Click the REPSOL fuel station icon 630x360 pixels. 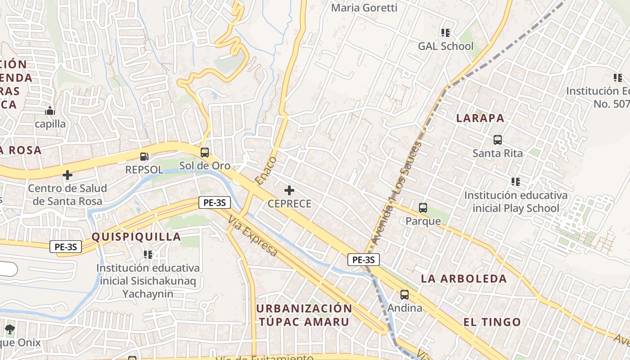pos(144,157)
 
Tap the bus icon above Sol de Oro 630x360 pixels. pos(205,153)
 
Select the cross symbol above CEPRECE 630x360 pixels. pos(289,190)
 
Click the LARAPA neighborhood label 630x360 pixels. pos(480,118)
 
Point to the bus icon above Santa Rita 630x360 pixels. pos(498,140)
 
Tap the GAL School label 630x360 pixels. pos(445,46)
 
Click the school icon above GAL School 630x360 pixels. pos(445,32)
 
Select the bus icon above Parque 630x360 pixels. pos(423,208)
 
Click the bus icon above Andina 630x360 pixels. pos(405,295)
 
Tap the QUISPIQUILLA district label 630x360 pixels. pos(136,237)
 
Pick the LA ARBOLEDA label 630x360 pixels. pos(464,279)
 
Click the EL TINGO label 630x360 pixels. pos(492,322)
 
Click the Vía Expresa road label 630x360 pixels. pos(252,236)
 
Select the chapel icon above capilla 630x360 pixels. pos(50,111)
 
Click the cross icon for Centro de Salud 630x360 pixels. pos(67,175)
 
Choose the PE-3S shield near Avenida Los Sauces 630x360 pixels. pos(363,260)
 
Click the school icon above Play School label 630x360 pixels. pos(516,182)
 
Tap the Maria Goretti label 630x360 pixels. pos(364,8)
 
